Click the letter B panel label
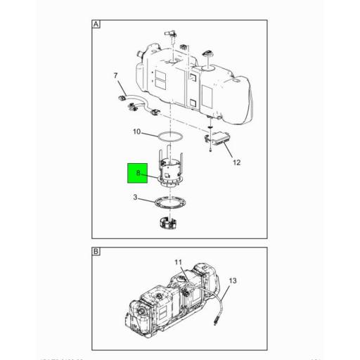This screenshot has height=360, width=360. click(x=96, y=252)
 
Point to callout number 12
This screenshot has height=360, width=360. click(x=236, y=162)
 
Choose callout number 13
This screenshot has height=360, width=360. click(x=233, y=281)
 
